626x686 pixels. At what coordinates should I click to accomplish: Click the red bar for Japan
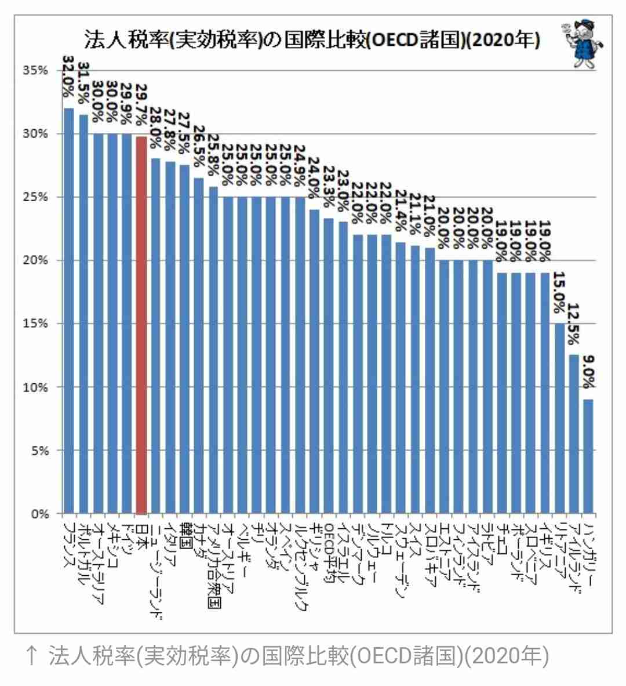tap(141, 325)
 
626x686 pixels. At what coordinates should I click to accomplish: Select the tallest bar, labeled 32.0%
tap(68, 310)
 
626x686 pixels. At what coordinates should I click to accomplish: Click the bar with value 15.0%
tap(559, 418)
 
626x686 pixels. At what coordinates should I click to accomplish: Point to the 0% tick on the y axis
tap(39, 514)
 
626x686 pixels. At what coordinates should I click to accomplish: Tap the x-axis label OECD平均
tap(329, 556)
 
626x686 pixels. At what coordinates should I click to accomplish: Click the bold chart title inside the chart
tap(312, 41)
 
